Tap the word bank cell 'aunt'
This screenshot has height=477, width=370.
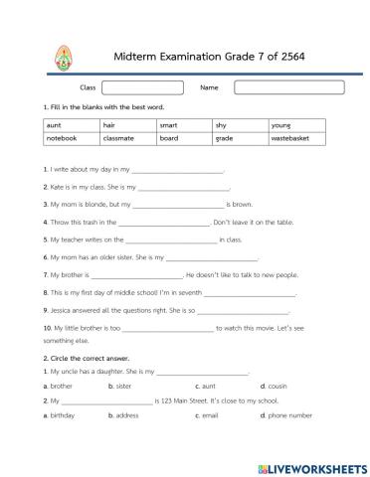pos(71,126)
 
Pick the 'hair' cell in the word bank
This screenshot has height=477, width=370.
pos(127,126)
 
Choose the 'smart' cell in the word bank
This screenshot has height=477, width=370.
pos(184,126)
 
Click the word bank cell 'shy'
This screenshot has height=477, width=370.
pos(240,126)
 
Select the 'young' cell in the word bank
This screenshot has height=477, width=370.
pos(297,126)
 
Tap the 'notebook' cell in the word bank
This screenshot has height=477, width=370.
pos(71,139)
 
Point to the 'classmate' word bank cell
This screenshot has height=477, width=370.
pos(127,139)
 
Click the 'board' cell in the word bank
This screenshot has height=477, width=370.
pos(184,139)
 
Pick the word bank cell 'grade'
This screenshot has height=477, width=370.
pos(240,139)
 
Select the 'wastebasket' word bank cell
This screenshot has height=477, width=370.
pos(297,139)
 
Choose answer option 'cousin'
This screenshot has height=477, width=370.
pos(277,385)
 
